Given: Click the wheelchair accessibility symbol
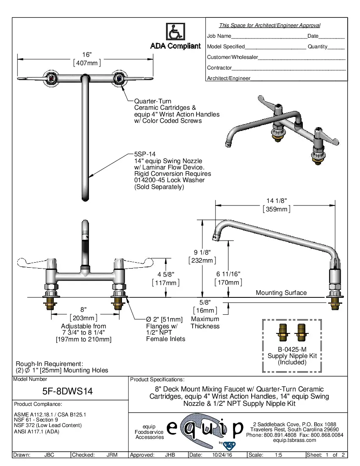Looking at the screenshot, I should coord(175,32).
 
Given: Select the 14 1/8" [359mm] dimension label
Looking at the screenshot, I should coord(276,205).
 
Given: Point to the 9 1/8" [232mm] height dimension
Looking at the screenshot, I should coord(202,256).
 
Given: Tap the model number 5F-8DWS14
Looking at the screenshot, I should coord(70,391).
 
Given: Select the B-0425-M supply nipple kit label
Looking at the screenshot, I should coord(292,349).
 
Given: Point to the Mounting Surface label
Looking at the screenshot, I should coord(281,293).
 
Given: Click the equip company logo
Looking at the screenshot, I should coord(205,429).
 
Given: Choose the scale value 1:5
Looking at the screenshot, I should coord(279,455).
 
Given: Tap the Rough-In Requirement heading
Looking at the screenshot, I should coord(49,364).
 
